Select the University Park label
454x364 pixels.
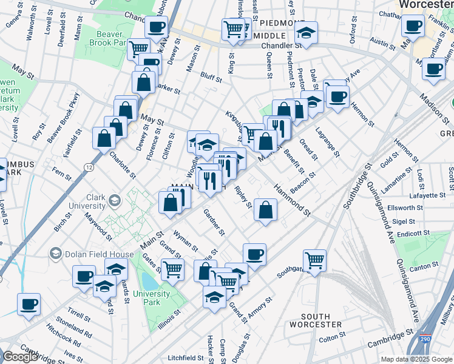(x=152, y=297)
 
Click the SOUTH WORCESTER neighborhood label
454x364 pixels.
(x=315, y=321)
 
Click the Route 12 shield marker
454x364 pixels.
(x=89, y=167)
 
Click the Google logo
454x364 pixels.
(x=20, y=357)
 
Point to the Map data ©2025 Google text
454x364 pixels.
(x=417, y=359)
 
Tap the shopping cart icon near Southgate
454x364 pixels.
(x=314, y=261)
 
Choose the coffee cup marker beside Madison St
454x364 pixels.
(x=433, y=69)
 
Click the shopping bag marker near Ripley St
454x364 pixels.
(x=265, y=211)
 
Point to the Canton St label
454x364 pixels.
(x=425, y=265)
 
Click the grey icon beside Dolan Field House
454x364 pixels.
(x=56, y=253)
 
